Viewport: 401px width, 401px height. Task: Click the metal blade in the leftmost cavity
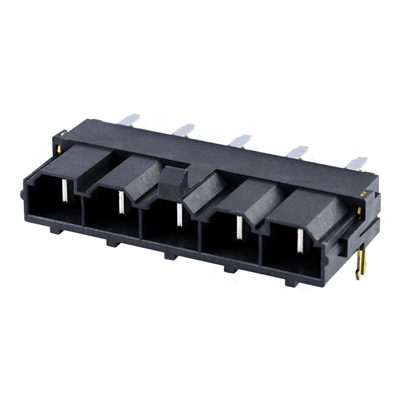pyautogui.click(x=64, y=190)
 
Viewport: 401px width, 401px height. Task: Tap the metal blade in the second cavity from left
pyautogui.click(x=120, y=202)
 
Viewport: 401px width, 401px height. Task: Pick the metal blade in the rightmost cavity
pyautogui.click(x=299, y=239)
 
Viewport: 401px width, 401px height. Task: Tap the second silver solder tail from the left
pyautogui.click(x=184, y=130)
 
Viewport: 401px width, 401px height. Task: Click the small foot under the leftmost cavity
pyautogui.click(x=55, y=229)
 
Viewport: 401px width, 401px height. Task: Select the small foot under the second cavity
pyautogui.click(x=111, y=242)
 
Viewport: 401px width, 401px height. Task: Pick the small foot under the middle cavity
pyautogui.click(x=169, y=255)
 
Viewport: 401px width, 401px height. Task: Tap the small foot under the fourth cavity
pyautogui.click(x=229, y=269)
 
